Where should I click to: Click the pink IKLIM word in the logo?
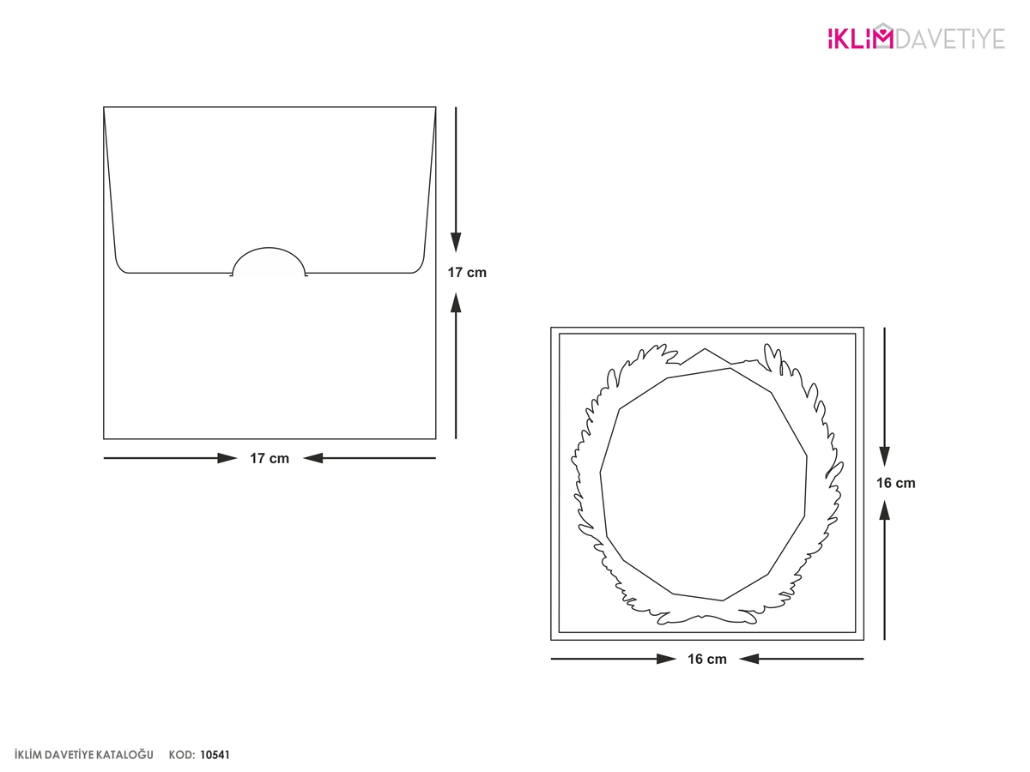860,39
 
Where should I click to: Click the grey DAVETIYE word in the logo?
950,39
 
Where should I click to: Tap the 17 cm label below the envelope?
270,458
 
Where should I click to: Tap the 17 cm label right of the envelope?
467,272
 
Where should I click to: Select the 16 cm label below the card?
707,659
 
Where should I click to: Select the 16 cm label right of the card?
896,483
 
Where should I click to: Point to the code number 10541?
215,755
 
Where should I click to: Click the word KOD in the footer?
182,755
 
